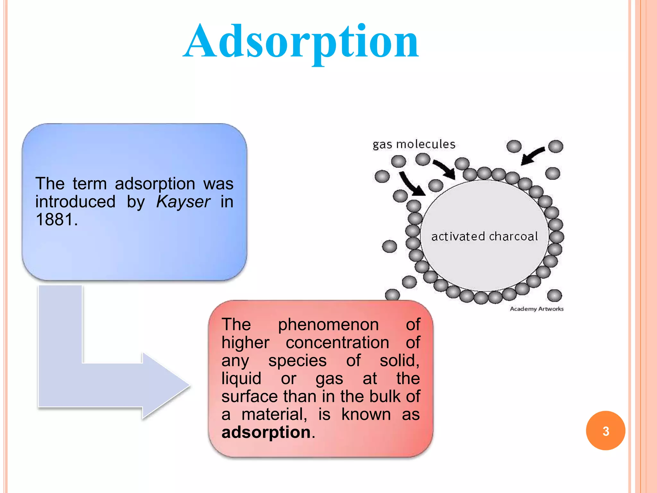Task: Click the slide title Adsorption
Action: [x=301, y=42]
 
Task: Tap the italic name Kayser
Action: [x=183, y=202]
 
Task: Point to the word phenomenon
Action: [x=328, y=325]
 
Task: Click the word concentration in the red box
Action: [x=337, y=342]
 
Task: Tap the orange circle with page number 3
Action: [x=605, y=431]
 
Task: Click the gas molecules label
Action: [x=414, y=144]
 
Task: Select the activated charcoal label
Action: [x=484, y=237]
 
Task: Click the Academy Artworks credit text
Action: [x=536, y=309]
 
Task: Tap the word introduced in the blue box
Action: [x=75, y=202]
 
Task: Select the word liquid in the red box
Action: [x=241, y=378]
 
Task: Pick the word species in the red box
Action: [x=297, y=360]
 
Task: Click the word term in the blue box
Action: [x=90, y=184]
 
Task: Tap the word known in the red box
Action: [x=366, y=414]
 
